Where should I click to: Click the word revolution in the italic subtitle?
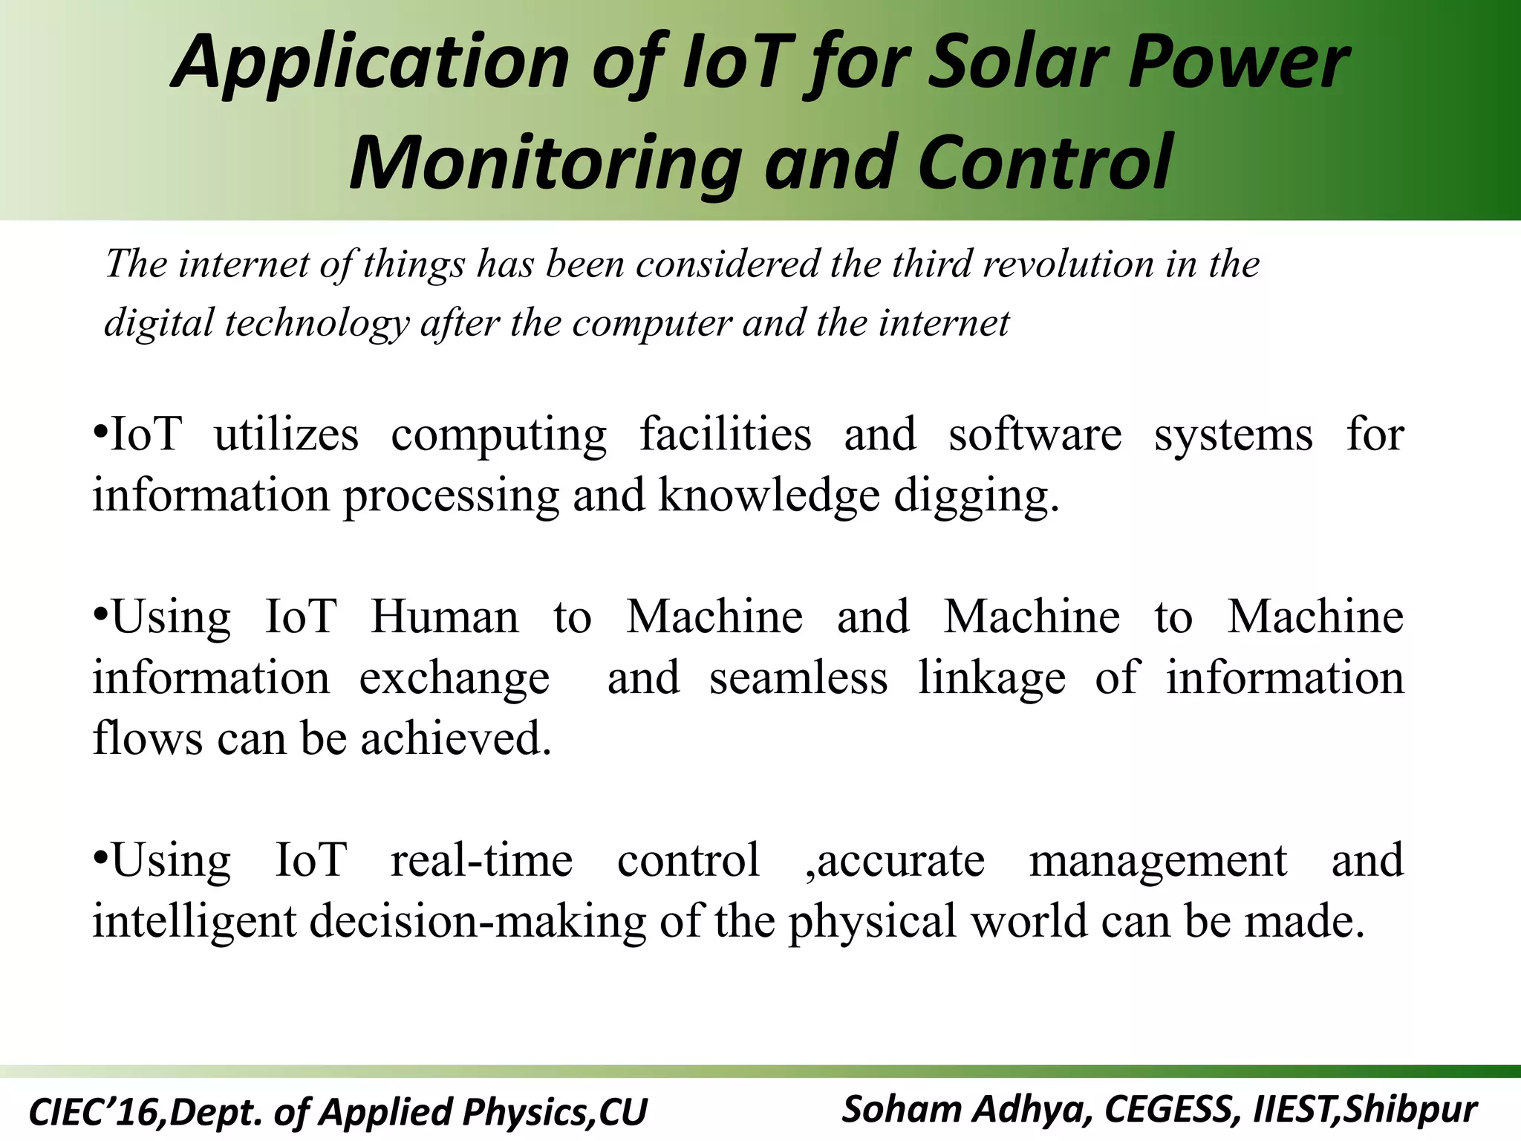1068,264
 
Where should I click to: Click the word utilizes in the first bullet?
286,435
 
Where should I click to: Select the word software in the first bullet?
1035,435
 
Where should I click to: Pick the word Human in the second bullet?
444,617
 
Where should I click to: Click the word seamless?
798,678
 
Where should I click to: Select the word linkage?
991,678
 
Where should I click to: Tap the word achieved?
456,739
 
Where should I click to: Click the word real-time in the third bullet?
481,861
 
